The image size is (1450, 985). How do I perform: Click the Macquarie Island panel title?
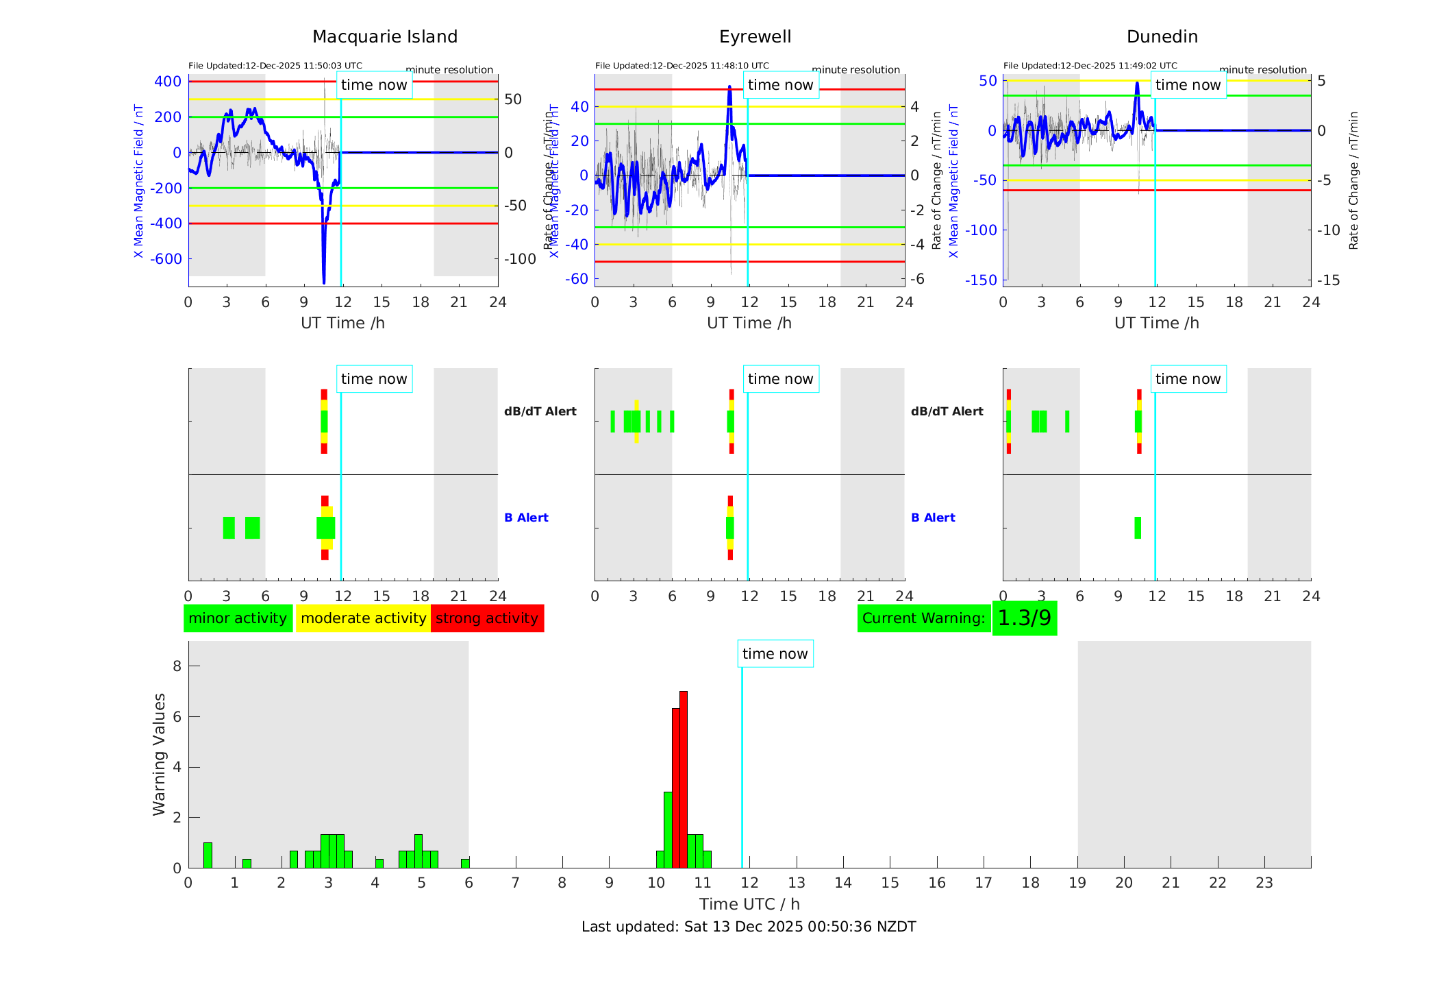click(384, 37)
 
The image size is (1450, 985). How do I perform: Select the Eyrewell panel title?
click(755, 37)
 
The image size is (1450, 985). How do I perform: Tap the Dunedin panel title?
click(1162, 37)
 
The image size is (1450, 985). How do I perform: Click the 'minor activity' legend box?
click(238, 618)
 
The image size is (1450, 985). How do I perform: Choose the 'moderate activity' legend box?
click(363, 618)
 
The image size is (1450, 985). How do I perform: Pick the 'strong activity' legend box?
click(487, 618)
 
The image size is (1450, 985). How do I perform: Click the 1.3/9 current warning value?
click(1024, 618)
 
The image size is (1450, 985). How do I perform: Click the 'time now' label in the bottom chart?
click(775, 654)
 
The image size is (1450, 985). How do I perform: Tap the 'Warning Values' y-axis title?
click(159, 754)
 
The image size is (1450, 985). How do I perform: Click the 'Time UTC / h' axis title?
click(749, 904)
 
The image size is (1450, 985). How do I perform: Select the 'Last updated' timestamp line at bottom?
click(749, 927)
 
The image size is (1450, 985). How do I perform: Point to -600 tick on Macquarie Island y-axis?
click(166, 259)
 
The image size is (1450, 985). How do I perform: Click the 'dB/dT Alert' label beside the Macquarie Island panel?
click(540, 411)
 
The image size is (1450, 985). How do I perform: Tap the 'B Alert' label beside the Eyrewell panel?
click(933, 518)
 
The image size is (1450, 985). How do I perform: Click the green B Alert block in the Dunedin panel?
click(1138, 528)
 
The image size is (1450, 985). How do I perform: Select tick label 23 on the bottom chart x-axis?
click(1264, 883)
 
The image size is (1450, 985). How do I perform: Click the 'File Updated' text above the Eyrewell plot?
click(682, 66)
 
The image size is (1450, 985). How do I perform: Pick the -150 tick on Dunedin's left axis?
click(981, 280)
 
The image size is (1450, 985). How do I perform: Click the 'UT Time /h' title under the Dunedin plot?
click(1156, 323)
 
